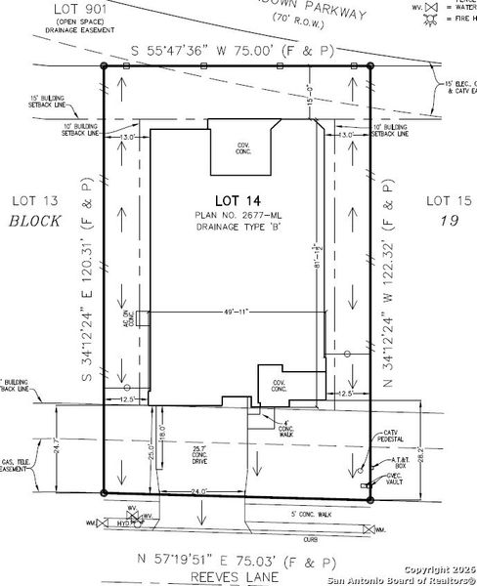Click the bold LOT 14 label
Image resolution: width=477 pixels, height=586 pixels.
[x=238, y=199]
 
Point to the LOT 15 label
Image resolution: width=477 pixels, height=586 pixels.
[x=448, y=200]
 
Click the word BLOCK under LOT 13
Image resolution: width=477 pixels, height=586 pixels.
[x=34, y=222]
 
